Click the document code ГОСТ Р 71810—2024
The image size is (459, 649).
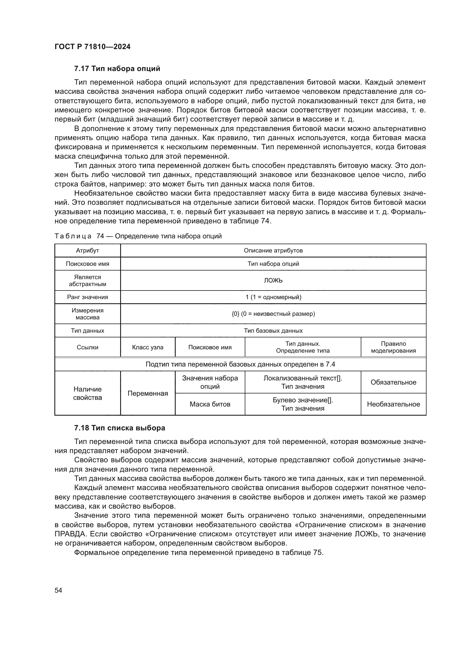point(92,47)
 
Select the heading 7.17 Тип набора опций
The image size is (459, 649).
point(117,69)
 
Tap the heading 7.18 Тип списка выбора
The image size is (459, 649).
point(120,428)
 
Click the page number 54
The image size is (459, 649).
point(58,590)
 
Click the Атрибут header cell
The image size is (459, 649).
point(87,251)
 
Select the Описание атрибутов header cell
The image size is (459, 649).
point(273,251)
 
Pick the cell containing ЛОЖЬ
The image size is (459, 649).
point(273,281)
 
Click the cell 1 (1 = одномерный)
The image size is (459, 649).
point(273,297)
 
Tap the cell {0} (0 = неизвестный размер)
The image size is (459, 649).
point(273,314)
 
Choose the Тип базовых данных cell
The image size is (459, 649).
point(273,330)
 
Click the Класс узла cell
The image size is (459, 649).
point(148,347)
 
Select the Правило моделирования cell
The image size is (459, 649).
point(393,347)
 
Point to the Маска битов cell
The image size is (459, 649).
point(210,404)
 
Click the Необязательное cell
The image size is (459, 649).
point(393,404)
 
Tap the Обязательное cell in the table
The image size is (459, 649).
point(393,382)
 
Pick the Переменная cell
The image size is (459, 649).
point(148,393)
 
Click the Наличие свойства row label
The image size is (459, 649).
point(87,393)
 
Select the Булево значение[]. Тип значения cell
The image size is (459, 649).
point(303,404)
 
